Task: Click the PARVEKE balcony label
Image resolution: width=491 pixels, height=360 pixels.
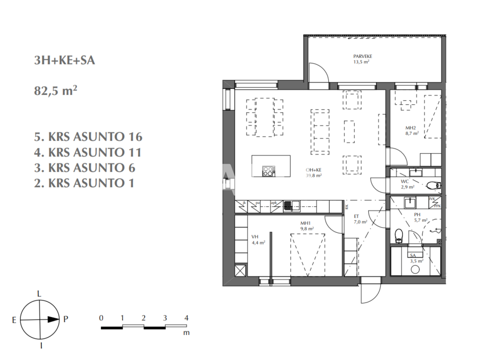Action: pyautogui.click(x=362, y=56)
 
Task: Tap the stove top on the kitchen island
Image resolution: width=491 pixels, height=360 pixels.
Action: pyautogui.click(x=269, y=171)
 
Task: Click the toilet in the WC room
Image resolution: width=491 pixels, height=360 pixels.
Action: pyautogui.click(x=433, y=186)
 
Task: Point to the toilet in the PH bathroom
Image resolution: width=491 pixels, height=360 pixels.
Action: pyautogui.click(x=399, y=235)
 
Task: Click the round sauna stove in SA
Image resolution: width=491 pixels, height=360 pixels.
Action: pyautogui.click(x=415, y=270)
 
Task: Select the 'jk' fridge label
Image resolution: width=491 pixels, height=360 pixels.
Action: pyautogui.click(x=244, y=203)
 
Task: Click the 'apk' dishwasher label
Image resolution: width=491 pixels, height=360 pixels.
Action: pyautogui.click(x=274, y=203)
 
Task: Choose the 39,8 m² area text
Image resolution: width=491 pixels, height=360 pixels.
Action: pyautogui.click(x=313, y=176)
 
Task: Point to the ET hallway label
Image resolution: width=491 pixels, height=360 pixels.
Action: pyautogui.click(x=356, y=216)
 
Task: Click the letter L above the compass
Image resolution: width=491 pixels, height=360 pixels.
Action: pyautogui.click(x=39, y=294)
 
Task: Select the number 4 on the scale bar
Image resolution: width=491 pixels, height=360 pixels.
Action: pyautogui.click(x=186, y=318)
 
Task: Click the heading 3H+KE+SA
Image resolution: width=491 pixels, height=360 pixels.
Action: pyautogui.click(x=64, y=61)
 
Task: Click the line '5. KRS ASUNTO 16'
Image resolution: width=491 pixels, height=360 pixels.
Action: pyautogui.click(x=88, y=137)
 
